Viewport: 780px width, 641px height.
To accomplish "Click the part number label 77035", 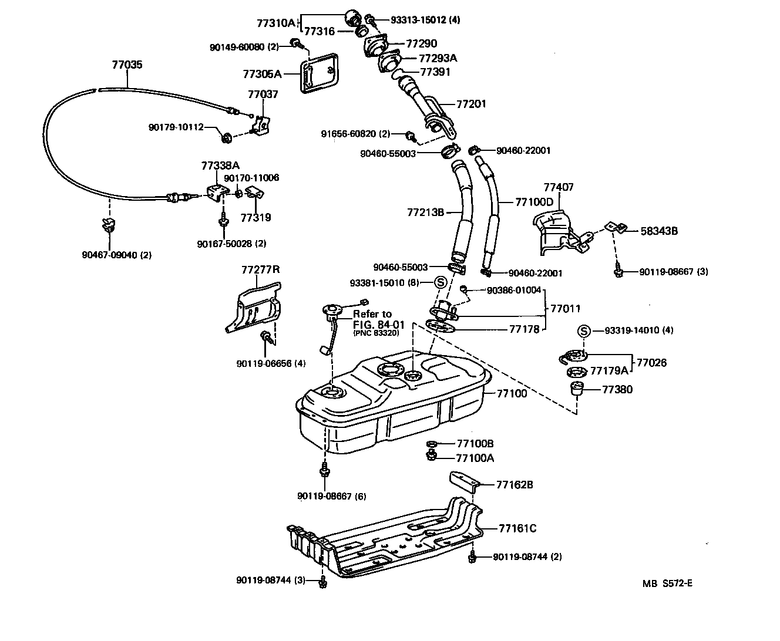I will (127, 65).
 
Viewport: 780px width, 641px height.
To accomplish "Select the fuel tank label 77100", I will (512, 393).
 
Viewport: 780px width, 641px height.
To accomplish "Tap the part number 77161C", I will (517, 528).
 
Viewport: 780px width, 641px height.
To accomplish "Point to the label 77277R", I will (260, 270).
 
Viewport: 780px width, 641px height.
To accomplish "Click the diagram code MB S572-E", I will (667, 583).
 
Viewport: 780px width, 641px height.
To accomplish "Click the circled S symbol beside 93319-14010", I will (584, 331).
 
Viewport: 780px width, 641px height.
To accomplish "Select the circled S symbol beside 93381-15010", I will (441, 283).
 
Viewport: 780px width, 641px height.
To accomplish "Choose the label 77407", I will (558, 188).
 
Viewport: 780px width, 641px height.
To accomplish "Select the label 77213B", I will (425, 212).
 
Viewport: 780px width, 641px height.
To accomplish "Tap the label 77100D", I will (534, 202).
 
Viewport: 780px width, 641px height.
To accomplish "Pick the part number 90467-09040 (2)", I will (116, 255).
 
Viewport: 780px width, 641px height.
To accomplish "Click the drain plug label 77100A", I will (475, 458).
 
